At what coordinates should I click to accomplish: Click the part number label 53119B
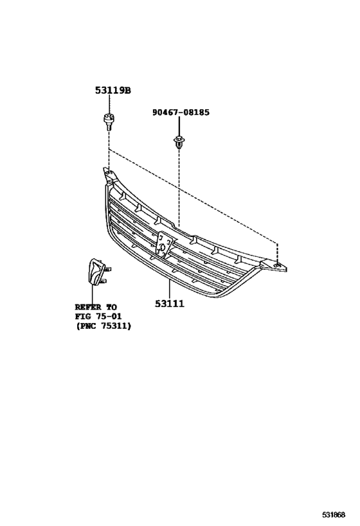point(113,91)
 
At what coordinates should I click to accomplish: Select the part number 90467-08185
point(181,112)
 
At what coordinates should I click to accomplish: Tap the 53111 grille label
point(170,304)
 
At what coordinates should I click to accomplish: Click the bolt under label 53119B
point(108,122)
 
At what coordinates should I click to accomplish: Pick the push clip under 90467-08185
point(179,142)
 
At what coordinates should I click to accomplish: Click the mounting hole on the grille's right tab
point(277,266)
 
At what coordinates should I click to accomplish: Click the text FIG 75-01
point(98,317)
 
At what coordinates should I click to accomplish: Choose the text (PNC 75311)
point(103,326)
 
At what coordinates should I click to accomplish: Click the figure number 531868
point(334,514)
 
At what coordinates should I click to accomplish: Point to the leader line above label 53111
point(170,289)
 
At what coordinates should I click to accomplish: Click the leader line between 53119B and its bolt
point(109,104)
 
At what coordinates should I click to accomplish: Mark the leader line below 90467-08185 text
point(179,126)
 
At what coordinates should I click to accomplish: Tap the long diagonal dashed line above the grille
point(193,195)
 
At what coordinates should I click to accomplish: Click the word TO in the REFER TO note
point(112,307)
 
